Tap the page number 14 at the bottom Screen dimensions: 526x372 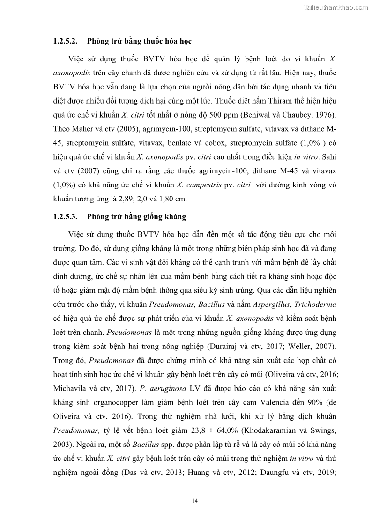[195, 501]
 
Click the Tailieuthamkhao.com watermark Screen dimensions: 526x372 [336, 7]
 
